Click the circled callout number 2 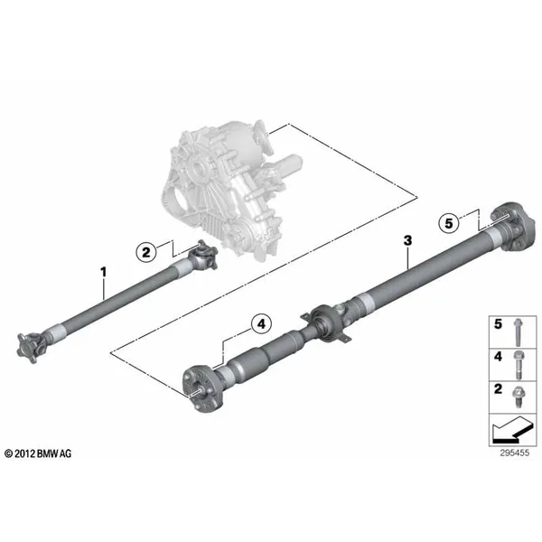(146, 252)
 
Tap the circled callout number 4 (261, 324)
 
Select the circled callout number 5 (449, 223)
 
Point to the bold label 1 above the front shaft (103, 272)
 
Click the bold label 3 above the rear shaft (408, 240)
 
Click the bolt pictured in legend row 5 (518, 332)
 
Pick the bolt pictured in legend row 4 (518, 365)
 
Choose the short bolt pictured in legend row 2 (518, 397)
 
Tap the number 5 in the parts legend (498, 324)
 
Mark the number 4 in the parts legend (498, 357)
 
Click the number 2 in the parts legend (498, 388)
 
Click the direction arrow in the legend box (511, 430)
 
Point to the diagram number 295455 (515, 453)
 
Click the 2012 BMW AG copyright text (38, 453)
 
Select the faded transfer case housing (229, 190)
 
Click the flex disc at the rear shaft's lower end (202, 388)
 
